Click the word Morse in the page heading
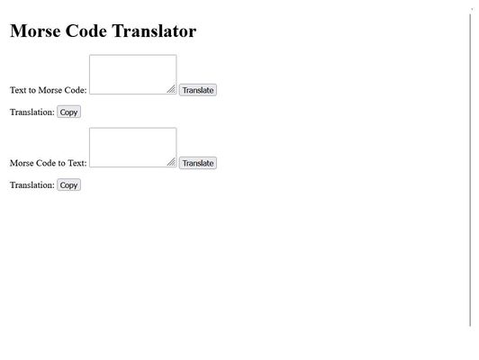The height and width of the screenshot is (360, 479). (x=35, y=31)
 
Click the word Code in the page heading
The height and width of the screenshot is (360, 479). (x=86, y=31)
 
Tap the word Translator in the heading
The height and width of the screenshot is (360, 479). (x=154, y=31)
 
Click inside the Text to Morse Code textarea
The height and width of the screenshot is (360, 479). (x=133, y=74)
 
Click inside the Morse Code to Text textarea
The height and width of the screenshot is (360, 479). (x=133, y=148)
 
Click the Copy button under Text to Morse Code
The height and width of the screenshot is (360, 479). (x=68, y=112)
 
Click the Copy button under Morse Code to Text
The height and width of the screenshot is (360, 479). (x=68, y=185)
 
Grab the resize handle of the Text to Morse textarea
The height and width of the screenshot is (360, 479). (x=172, y=89)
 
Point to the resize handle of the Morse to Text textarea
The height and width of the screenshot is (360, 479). (x=172, y=162)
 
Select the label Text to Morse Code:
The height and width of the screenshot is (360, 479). (x=49, y=90)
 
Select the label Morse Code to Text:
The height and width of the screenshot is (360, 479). (x=49, y=163)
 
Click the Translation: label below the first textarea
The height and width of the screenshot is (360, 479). (x=32, y=112)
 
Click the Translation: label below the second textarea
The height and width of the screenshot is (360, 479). (x=32, y=185)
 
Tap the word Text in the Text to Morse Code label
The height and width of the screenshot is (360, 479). (x=18, y=90)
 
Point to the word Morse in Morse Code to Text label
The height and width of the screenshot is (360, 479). (x=22, y=163)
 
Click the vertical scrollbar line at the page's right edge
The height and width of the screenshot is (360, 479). (x=470, y=170)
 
